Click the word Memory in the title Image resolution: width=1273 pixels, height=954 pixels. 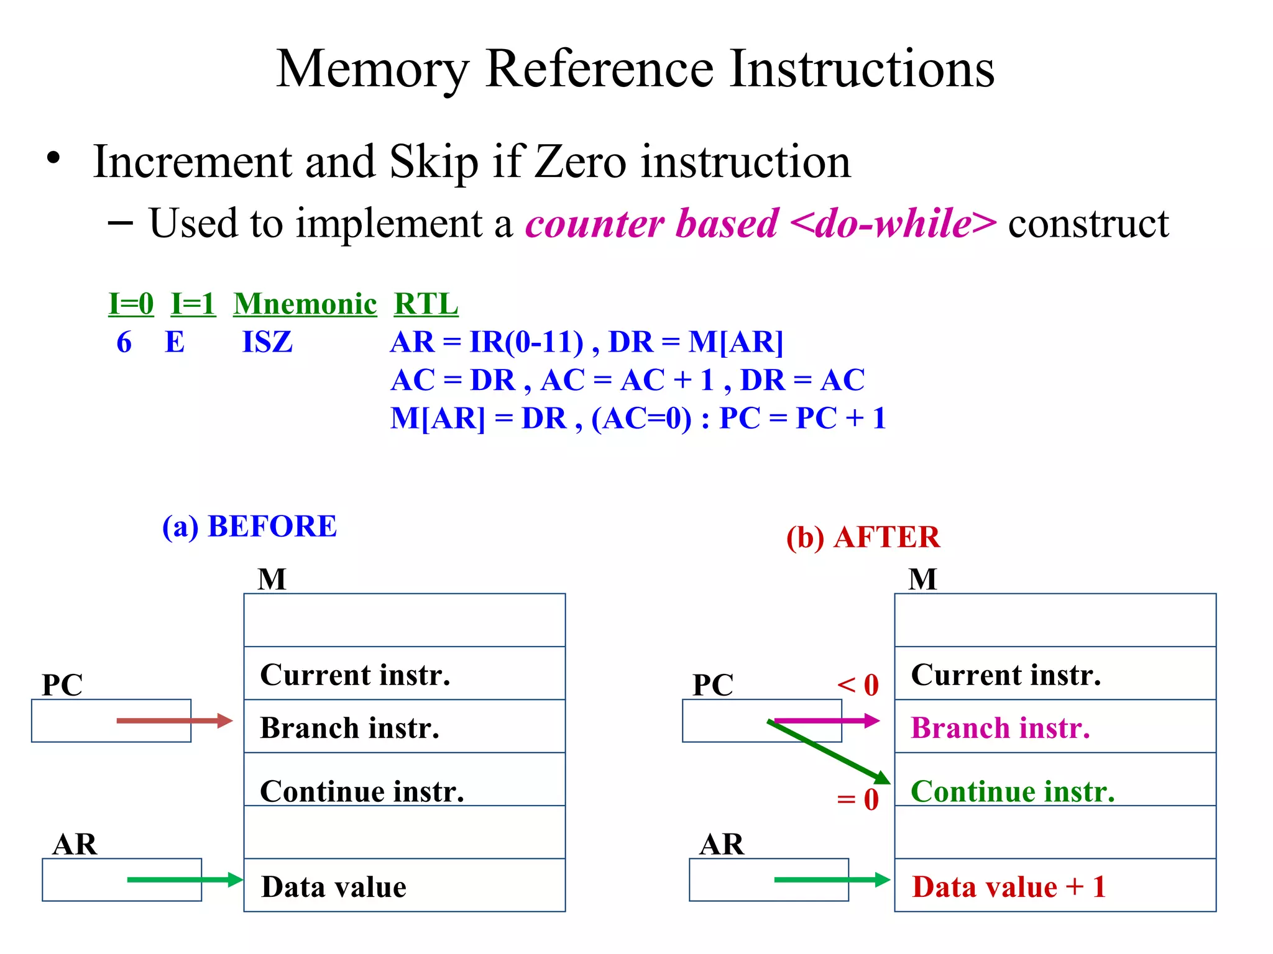pyautogui.click(x=372, y=70)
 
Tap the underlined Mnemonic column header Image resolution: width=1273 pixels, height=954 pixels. pyautogui.click(x=305, y=304)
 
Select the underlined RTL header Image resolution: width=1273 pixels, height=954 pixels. pyautogui.click(x=426, y=304)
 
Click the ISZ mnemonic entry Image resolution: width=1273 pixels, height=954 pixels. pyautogui.click(x=267, y=342)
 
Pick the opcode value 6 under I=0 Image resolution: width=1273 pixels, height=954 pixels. pyautogui.click(x=124, y=342)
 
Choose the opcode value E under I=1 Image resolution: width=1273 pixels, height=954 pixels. pyautogui.click(x=175, y=342)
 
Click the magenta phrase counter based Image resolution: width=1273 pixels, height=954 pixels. pyautogui.click(x=651, y=224)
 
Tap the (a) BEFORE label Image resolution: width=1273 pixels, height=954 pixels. pyautogui.click(x=249, y=527)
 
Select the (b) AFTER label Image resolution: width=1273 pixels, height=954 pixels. pyautogui.click(x=863, y=537)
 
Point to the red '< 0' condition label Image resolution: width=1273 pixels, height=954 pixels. pyautogui.click(x=858, y=685)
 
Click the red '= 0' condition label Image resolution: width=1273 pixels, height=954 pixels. pyautogui.click(x=858, y=799)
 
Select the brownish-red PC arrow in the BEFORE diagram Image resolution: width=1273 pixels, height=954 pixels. pyautogui.click(x=174, y=721)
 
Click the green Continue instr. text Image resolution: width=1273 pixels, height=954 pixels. pyautogui.click(x=1013, y=792)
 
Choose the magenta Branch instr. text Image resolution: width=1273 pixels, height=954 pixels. pyautogui.click(x=1000, y=728)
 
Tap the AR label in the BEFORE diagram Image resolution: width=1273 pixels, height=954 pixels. pyautogui.click(x=75, y=845)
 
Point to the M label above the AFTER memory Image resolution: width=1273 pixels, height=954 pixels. pyautogui.click(x=922, y=579)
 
